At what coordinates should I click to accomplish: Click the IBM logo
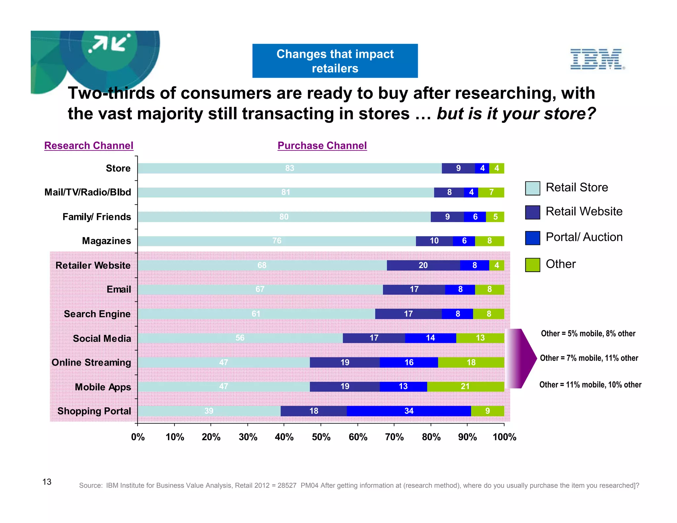click(x=597, y=59)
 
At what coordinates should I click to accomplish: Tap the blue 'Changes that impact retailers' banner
click(x=335, y=61)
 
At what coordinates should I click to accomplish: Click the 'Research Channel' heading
click(x=89, y=145)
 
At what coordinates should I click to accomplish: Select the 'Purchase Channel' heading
click(x=322, y=145)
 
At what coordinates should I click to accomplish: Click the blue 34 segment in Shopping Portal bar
click(x=409, y=411)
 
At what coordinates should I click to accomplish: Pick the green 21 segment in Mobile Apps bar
click(x=465, y=386)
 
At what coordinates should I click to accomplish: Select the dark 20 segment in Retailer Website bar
click(x=423, y=265)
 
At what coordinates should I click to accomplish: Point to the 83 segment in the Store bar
click(x=290, y=168)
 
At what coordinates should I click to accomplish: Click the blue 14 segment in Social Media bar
click(x=430, y=338)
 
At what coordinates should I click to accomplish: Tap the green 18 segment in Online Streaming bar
click(x=471, y=362)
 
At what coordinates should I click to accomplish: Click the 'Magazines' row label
click(x=106, y=241)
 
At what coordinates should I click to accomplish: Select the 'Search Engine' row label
click(x=97, y=314)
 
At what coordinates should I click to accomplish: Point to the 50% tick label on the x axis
click(x=321, y=437)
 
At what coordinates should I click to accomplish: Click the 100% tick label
click(x=504, y=437)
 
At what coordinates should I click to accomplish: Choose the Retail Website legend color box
click(x=533, y=212)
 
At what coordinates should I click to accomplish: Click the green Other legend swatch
click(x=533, y=265)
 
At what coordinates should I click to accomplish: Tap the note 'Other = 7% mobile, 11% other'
click(x=589, y=358)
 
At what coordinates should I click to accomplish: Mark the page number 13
click(x=47, y=482)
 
